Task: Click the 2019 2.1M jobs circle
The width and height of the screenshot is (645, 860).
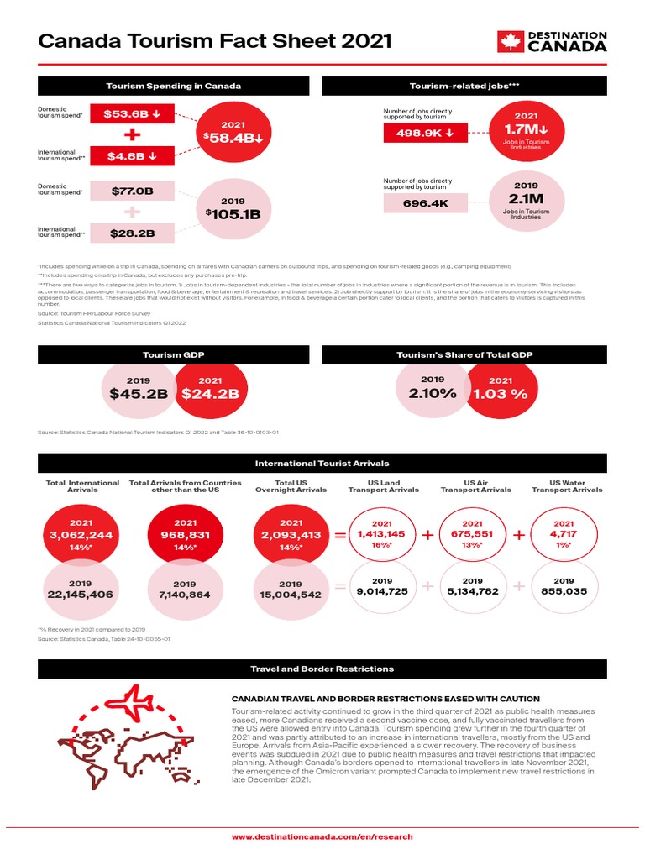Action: (527, 202)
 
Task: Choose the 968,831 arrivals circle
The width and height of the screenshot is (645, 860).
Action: (185, 536)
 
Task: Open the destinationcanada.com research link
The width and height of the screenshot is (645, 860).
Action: (322, 836)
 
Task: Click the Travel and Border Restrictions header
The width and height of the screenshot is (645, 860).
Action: (322, 669)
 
